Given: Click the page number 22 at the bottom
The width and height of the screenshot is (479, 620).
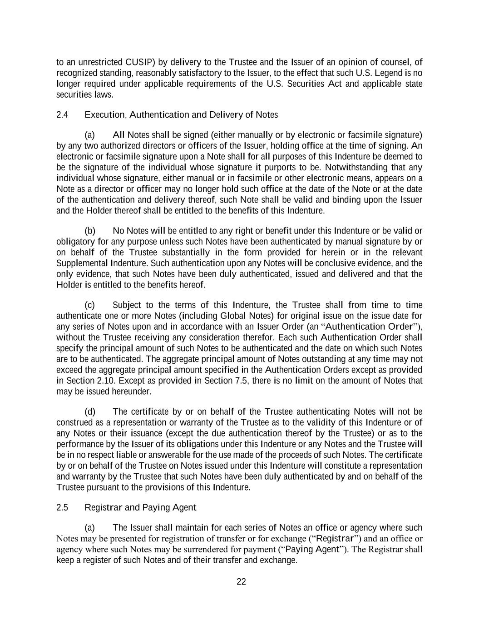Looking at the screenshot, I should point(241,582).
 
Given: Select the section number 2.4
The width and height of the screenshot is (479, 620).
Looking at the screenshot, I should point(62,115).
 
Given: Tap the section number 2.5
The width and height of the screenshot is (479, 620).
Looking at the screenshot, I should point(62,507).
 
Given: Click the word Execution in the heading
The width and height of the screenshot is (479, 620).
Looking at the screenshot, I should point(105,115).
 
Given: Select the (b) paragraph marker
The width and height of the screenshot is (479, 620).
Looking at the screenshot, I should point(90,231).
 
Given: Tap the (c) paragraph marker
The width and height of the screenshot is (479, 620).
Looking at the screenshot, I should point(89,305).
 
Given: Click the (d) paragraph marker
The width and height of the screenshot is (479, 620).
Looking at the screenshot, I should point(90,412).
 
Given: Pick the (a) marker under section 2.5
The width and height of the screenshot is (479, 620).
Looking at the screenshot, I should point(90,528).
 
